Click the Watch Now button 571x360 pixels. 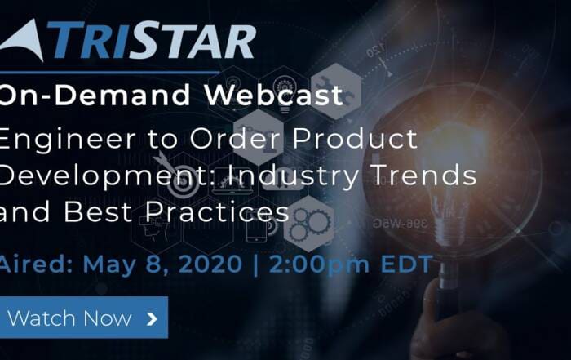pos(84,318)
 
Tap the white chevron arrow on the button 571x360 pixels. pos(152,319)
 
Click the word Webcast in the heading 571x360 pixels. pos(274,95)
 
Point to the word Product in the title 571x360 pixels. pos(356,139)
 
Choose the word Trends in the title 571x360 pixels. pos(425,175)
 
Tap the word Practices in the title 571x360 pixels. pos(217,211)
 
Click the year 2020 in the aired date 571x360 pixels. pos(210,264)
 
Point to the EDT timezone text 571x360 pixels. pos(406,264)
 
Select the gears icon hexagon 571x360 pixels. pos(309,224)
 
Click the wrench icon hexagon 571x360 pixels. pos(335,91)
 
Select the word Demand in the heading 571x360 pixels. pos(122,95)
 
